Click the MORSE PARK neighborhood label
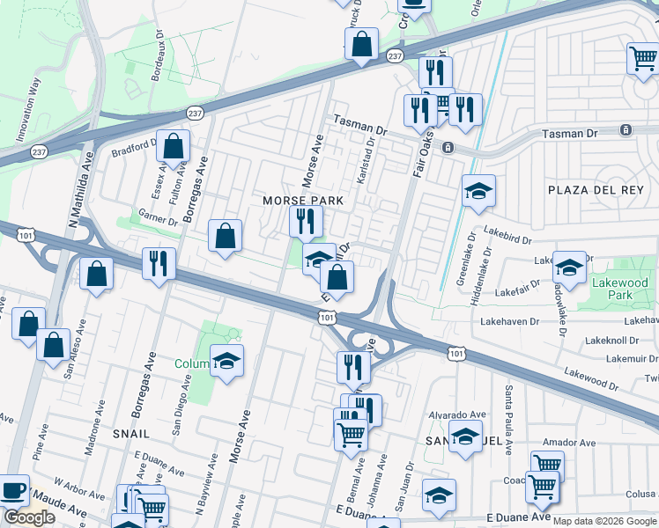(x=302, y=202)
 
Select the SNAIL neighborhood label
(x=130, y=434)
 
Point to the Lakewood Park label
(x=619, y=290)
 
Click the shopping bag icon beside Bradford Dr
(x=174, y=147)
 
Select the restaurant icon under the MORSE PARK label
(x=306, y=221)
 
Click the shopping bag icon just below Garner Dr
(x=226, y=236)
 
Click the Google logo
(x=30, y=517)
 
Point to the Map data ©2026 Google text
(x=604, y=521)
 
